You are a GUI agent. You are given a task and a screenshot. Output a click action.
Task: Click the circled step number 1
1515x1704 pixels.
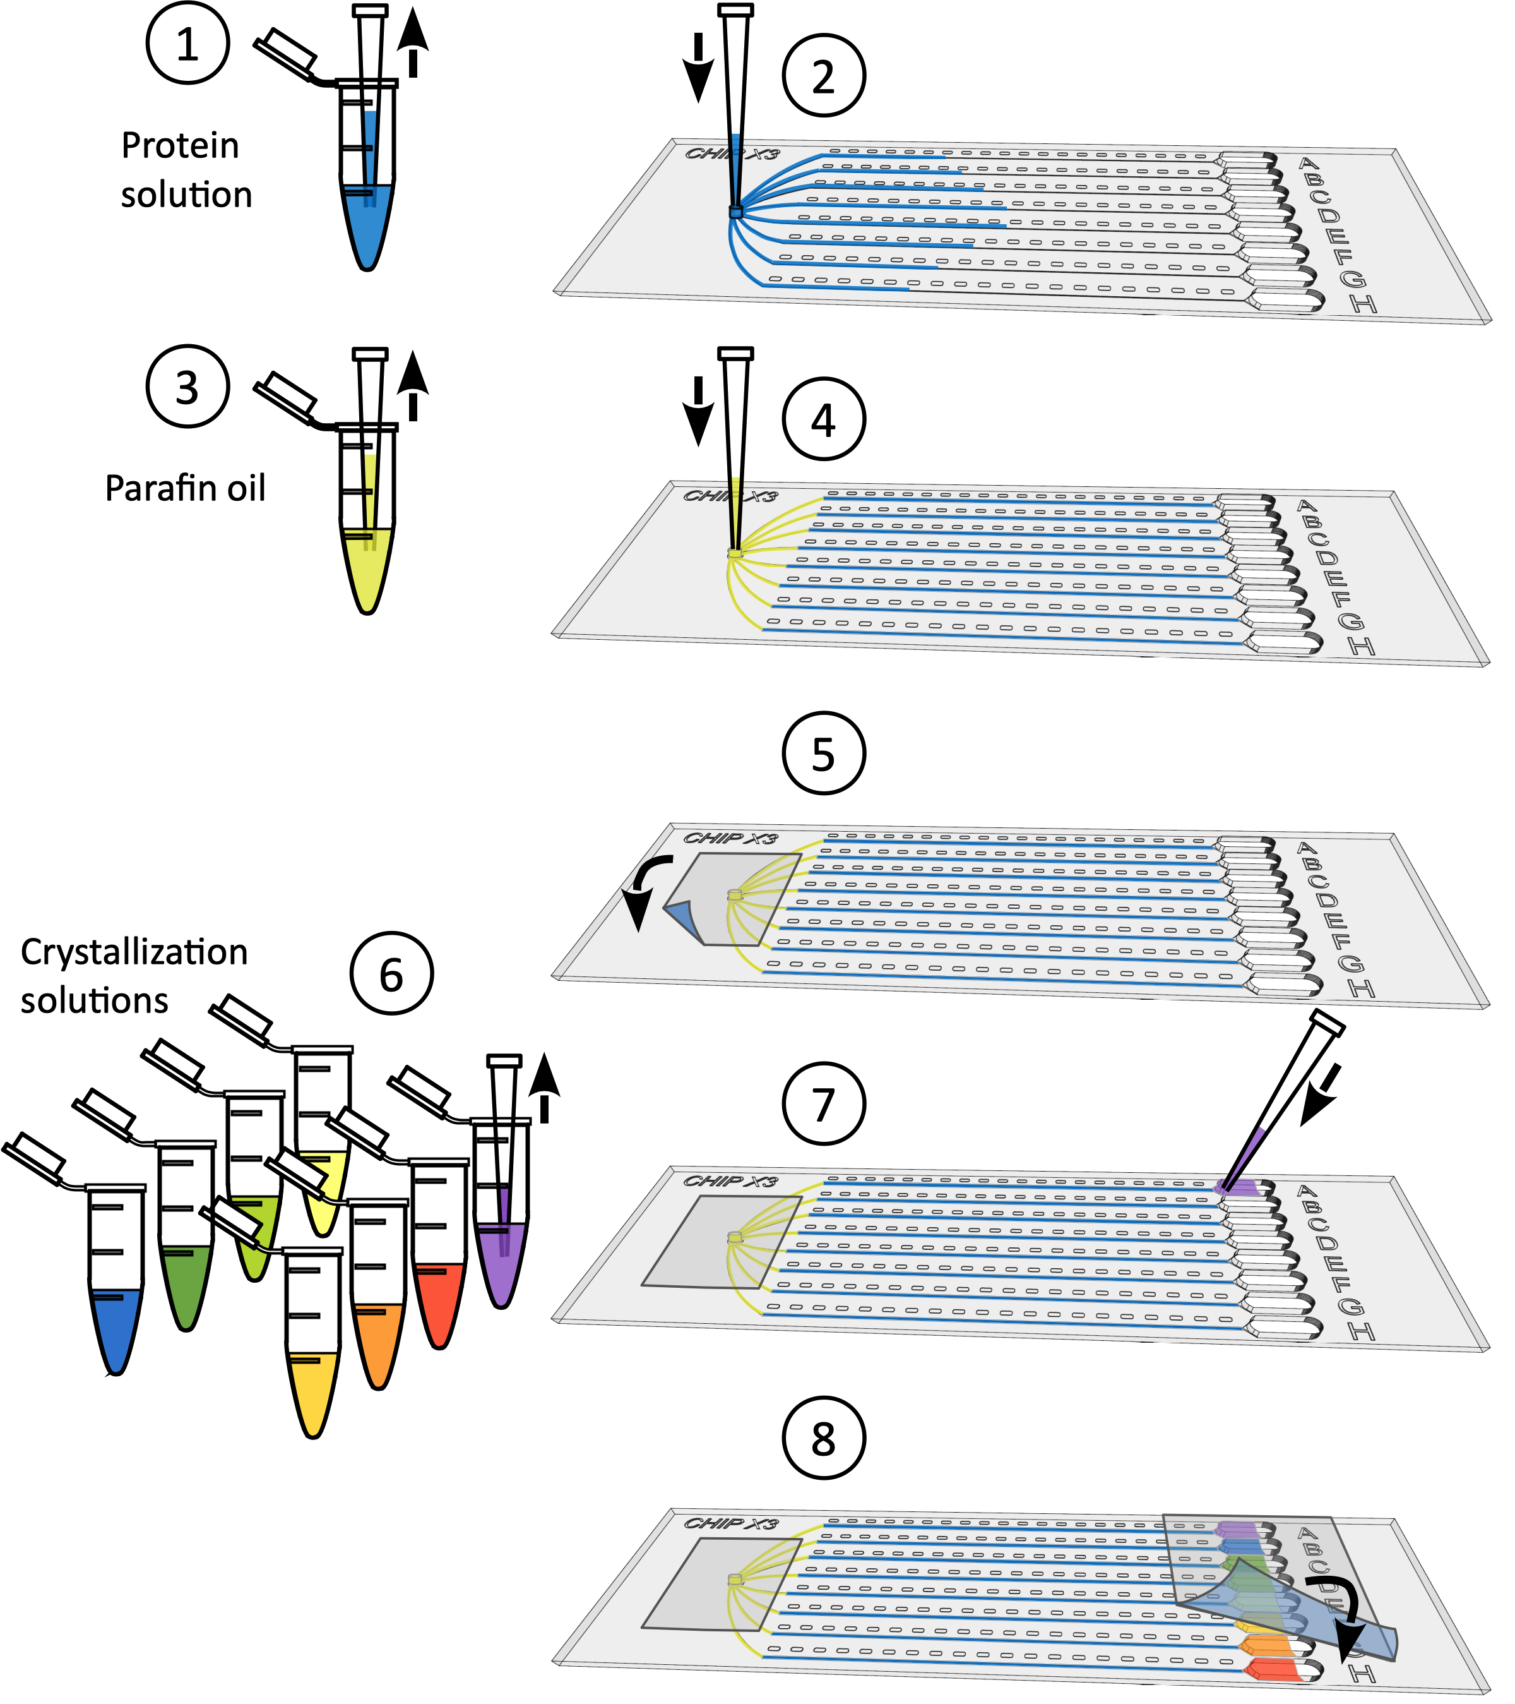click(x=187, y=44)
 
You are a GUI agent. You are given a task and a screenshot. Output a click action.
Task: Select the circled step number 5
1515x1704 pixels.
click(x=823, y=753)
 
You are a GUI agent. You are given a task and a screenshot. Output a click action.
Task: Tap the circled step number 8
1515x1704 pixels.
click(x=823, y=1439)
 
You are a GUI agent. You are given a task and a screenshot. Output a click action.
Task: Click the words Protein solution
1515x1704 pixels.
click(x=185, y=170)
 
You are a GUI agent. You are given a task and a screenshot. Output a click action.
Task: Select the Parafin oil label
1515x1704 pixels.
click(x=185, y=488)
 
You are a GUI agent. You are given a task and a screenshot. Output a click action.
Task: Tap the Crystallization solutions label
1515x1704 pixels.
click(x=133, y=975)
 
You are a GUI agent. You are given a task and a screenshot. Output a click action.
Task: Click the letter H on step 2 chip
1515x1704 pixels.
click(x=1363, y=304)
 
